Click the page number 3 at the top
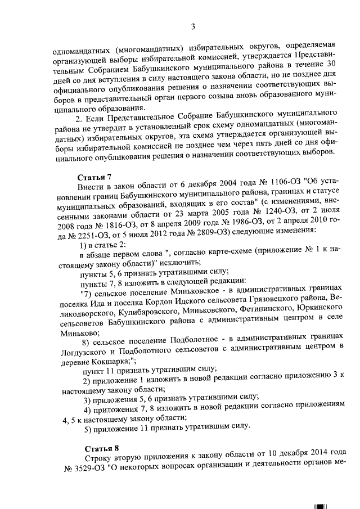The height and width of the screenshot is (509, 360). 192,26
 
